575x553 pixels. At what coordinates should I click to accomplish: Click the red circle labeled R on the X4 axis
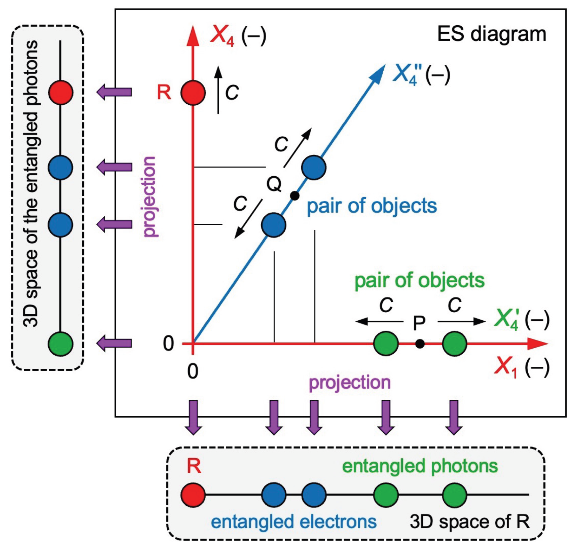tap(193, 93)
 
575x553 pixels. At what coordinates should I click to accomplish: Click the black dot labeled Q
tap(294, 196)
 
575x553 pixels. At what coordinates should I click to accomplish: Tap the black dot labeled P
tap(420, 344)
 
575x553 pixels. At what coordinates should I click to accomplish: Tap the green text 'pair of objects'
tap(419, 281)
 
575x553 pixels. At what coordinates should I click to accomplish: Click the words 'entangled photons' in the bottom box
tap(420, 466)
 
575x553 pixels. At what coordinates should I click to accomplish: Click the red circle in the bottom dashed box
tap(193, 495)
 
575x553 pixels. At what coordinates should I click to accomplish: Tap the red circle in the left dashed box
tap(60, 92)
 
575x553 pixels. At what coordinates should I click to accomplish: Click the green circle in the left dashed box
tap(60, 344)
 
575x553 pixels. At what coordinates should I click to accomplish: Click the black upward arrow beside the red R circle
tap(218, 90)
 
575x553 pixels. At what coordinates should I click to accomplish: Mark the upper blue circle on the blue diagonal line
tap(314, 168)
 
